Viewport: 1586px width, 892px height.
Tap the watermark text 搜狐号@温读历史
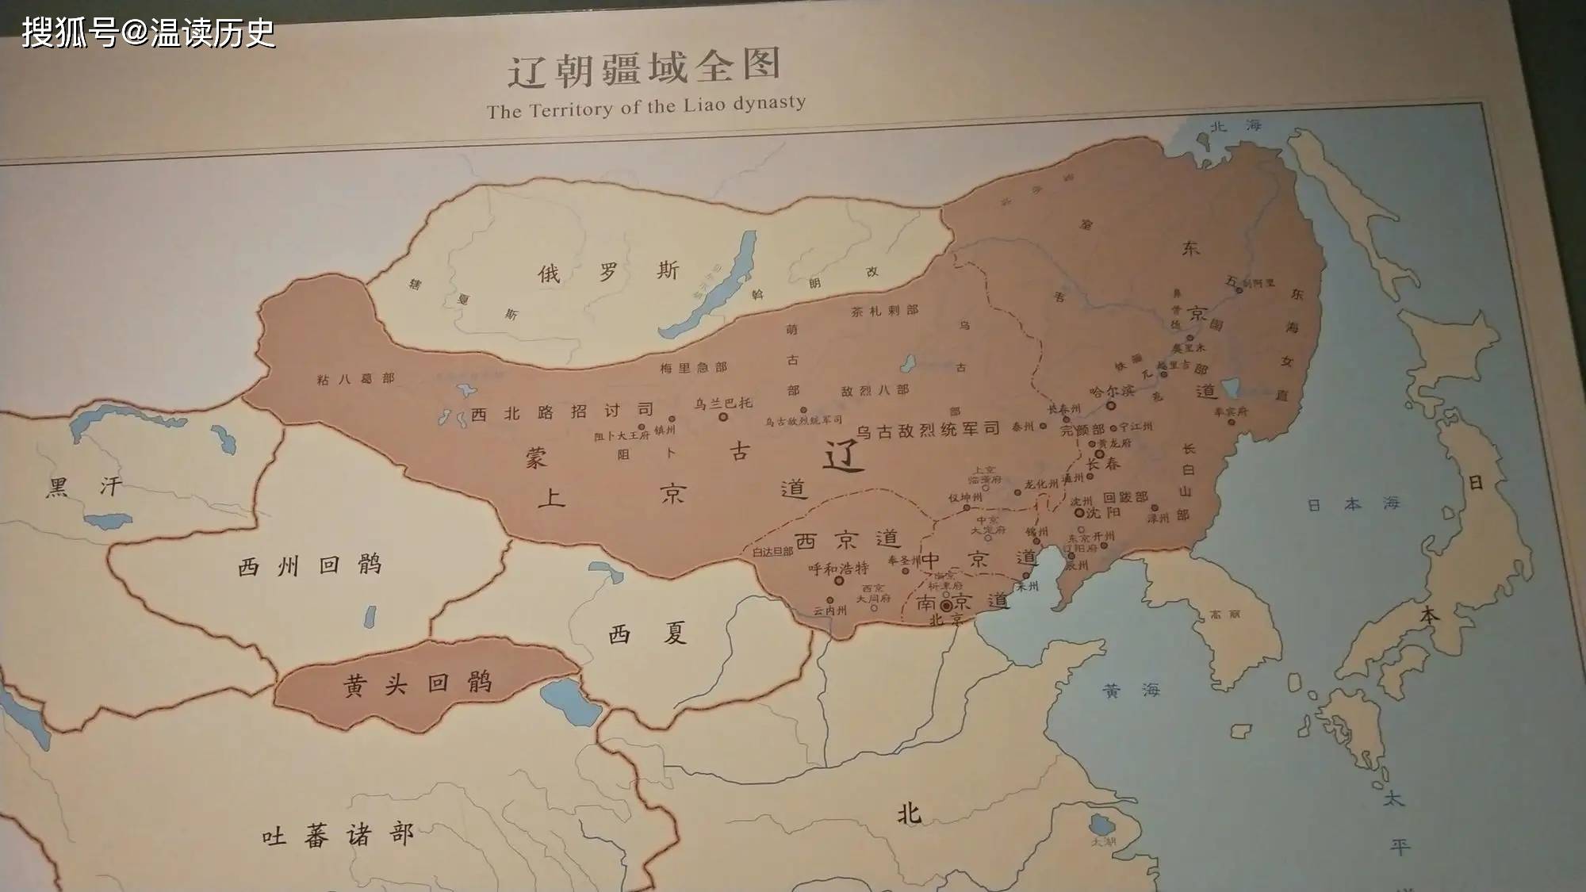(148, 33)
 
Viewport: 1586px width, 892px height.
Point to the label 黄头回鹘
(418, 683)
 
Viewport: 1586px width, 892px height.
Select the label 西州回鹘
(310, 565)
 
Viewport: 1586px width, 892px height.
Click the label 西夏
(647, 634)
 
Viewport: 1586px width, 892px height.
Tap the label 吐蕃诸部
(338, 835)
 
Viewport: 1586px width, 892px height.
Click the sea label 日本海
(1353, 504)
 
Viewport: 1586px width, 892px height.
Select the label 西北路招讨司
(562, 412)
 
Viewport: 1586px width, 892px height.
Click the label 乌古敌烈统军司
(927, 431)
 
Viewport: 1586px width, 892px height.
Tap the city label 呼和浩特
(838, 569)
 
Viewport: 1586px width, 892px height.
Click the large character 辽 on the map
(841, 455)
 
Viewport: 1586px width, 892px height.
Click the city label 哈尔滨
(1111, 392)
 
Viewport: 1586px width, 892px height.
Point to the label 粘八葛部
(355, 379)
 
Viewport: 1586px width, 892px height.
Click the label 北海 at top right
(1235, 126)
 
